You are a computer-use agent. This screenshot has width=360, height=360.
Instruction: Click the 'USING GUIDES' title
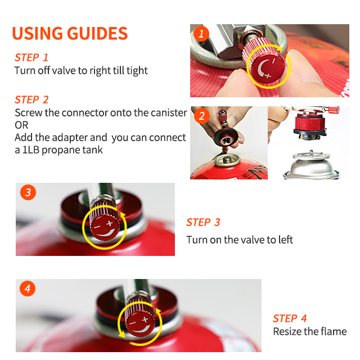(x=70, y=33)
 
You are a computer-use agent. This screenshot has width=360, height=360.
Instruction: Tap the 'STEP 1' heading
(x=31, y=57)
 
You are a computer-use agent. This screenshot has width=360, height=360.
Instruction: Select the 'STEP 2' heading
(x=31, y=100)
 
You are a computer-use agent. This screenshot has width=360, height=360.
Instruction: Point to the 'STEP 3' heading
(x=203, y=222)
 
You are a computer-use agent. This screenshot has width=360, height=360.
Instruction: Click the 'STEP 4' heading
(x=290, y=318)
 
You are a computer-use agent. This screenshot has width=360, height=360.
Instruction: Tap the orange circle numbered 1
(x=201, y=34)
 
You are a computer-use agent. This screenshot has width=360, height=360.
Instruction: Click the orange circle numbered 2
(x=201, y=116)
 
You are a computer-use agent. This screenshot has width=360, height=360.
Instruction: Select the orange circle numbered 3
(x=28, y=192)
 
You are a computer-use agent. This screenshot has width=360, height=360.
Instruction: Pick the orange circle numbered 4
(x=28, y=289)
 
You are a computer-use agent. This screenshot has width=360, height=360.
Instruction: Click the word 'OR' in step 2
(x=21, y=125)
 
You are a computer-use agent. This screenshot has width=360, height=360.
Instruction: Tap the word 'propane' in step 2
(x=61, y=150)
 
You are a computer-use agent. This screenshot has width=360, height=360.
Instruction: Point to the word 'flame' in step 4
(x=334, y=331)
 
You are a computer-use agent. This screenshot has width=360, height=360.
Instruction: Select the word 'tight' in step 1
(x=137, y=71)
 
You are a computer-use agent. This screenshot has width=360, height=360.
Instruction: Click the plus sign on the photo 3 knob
(x=110, y=223)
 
